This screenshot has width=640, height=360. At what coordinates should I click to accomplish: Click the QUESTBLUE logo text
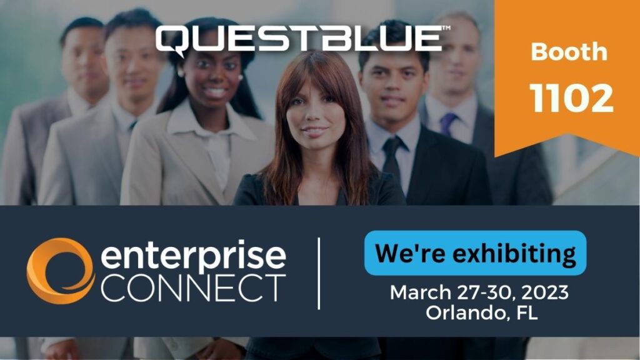299,39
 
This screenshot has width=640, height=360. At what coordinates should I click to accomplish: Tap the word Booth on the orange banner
568,51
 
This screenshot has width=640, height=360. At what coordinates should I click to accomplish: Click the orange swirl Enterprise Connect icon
60,271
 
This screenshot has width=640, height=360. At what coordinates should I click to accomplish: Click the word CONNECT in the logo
193,288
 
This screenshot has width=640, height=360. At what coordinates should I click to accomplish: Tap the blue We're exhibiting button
475,253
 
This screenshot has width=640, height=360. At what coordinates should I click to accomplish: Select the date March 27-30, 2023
479,292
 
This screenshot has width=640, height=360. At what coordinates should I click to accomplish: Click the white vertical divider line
319,273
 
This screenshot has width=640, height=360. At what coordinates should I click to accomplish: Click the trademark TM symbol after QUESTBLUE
446,29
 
